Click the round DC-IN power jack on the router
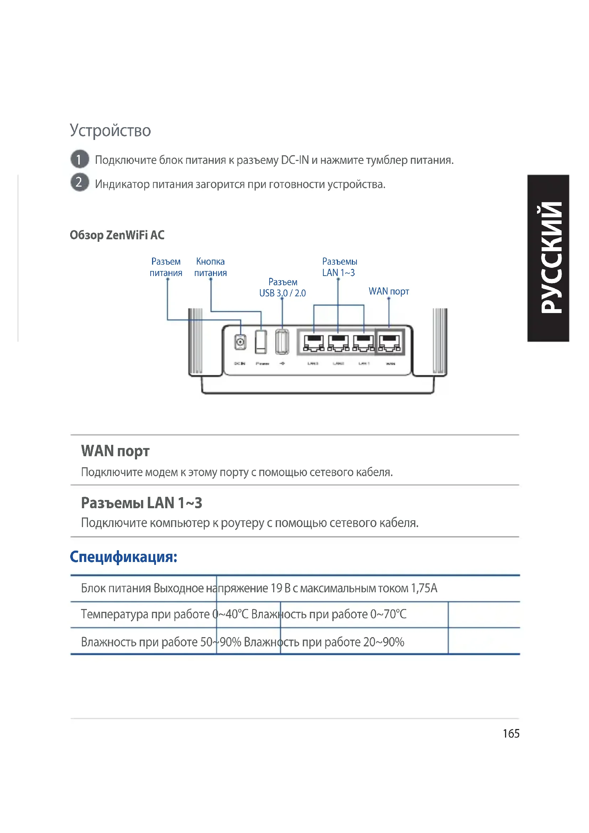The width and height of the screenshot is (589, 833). point(240,342)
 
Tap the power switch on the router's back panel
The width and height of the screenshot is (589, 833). point(261,342)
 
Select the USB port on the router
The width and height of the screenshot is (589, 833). point(282,342)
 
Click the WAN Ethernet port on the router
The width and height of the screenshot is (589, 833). point(390,343)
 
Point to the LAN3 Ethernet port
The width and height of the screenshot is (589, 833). point(314,343)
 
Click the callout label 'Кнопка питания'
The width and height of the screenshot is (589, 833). point(210,267)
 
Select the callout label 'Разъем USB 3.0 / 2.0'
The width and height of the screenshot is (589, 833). point(282,287)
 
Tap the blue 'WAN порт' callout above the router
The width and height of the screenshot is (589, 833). point(389,291)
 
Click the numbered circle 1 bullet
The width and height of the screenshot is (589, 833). point(79,159)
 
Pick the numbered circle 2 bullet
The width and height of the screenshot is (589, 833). point(79,182)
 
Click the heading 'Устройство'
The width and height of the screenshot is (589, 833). point(110,130)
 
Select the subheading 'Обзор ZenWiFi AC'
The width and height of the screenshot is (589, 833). point(117,235)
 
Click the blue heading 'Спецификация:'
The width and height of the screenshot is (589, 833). point(124,557)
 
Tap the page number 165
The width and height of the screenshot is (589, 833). point(511,734)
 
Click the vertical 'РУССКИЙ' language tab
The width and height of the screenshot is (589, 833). point(548,258)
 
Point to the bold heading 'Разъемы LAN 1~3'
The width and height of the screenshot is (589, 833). point(141,503)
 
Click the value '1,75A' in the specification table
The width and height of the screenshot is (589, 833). point(424,588)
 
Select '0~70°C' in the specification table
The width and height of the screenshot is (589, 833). point(388,614)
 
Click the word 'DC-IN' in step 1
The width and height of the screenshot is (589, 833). point(295,160)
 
